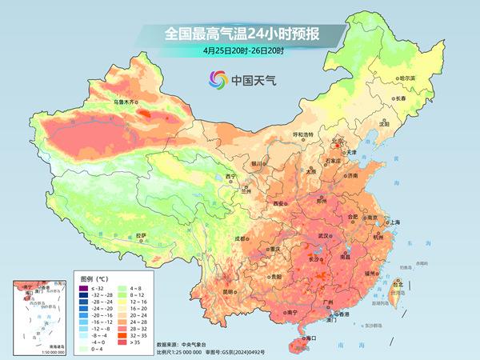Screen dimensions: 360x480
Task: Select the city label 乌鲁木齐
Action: pos(126,103)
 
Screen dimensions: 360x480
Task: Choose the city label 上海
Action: pos(394,222)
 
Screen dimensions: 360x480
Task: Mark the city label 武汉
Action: pos(323,236)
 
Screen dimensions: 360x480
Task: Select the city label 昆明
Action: pos(229,291)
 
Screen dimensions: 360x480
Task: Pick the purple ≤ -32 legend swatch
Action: pos(80,286)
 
